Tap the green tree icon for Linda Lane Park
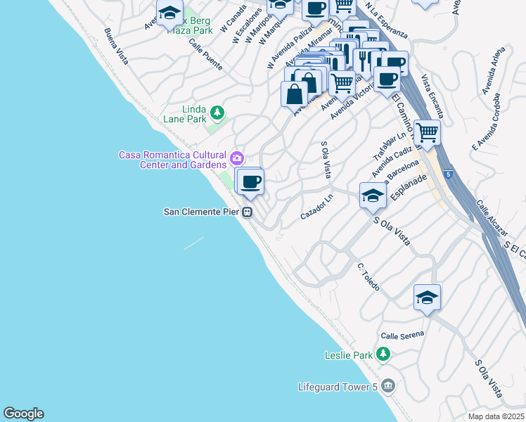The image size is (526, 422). pos(218,113)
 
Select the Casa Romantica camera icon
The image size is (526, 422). pos(237,156)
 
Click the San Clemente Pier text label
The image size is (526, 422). pos(201,212)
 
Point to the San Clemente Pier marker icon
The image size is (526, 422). pos(248,212)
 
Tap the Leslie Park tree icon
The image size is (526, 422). pos(383,354)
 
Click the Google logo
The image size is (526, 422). pos(23,414)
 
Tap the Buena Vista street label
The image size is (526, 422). pos(116,46)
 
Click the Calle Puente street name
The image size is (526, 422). pos(205,54)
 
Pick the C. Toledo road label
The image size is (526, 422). pos(368,277)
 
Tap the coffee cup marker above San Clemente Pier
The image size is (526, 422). pos(250,182)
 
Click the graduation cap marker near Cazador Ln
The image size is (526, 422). pos(372,195)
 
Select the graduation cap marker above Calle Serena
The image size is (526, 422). pos(426,298)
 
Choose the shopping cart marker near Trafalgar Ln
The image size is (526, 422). pos(426,132)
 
